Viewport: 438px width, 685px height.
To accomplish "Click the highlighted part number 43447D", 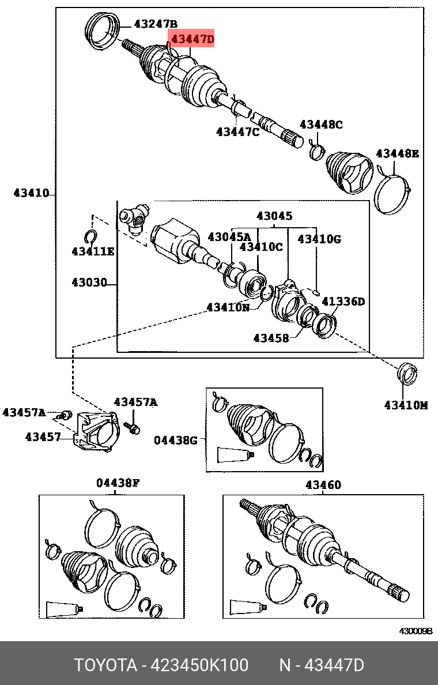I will (x=191, y=39).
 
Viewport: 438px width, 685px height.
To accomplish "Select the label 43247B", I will (x=156, y=24).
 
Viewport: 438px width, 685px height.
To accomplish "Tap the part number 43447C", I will (x=238, y=132).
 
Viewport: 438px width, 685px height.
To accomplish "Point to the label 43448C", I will (x=321, y=124).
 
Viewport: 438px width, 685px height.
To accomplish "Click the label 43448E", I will (x=397, y=153).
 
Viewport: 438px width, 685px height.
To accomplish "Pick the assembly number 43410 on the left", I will (x=31, y=193).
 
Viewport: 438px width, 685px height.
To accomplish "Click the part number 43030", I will (x=89, y=283).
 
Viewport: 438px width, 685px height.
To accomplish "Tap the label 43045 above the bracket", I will (x=274, y=216).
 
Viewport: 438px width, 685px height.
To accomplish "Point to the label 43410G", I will (x=319, y=238).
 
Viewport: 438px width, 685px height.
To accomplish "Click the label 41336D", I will (x=343, y=301).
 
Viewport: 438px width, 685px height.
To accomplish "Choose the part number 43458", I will (x=271, y=338).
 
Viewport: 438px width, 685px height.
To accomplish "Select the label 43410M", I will (x=406, y=405).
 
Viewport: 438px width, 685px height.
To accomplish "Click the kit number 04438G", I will (x=176, y=441).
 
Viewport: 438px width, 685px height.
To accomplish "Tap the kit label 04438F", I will (x=118, y=483).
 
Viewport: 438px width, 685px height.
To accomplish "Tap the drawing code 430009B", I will (x=416, y=631).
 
